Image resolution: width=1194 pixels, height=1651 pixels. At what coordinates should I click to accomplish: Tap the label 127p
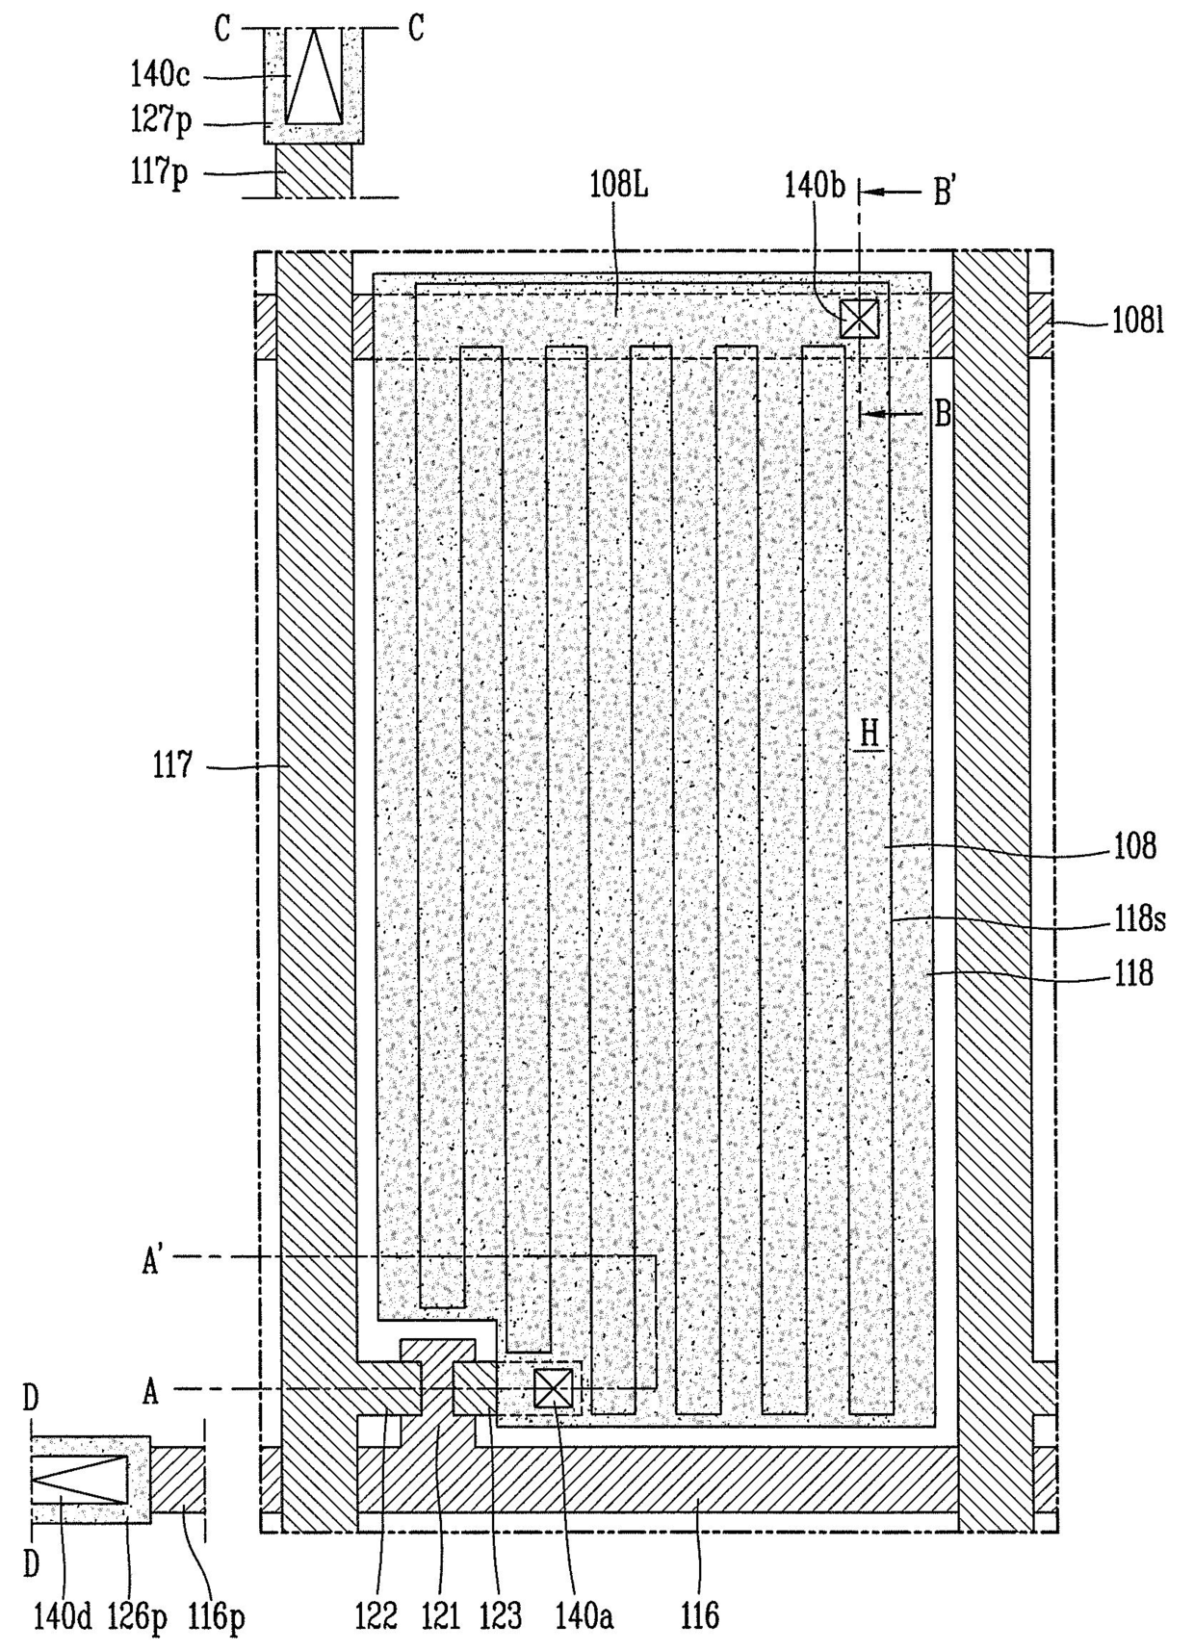pos(161,120)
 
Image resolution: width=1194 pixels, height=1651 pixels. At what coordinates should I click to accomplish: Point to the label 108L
pos(618,185)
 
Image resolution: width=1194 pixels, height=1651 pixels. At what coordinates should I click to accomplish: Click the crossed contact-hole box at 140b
pos(859,318)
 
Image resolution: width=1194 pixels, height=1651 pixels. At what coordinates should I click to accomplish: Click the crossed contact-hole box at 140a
pos(554,1388)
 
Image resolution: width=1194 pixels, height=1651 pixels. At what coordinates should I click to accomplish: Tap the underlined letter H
pos(870,734)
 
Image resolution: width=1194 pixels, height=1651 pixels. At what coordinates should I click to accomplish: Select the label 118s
pos(1139,919)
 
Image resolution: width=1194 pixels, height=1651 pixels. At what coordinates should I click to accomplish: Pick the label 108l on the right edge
pos(1138,321)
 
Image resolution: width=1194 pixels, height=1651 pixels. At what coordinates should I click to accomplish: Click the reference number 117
pos(173,766)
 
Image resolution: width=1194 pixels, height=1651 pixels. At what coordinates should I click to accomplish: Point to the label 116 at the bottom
pos(699,1614)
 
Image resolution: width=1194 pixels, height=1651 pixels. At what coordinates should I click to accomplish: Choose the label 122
pos(376,1614)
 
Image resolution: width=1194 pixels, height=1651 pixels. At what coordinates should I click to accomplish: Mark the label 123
pos(501,1614)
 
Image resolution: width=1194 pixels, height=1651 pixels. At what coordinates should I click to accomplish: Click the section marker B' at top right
pos(944,193)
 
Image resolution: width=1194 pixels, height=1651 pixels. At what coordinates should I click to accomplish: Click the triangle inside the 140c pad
pos(315,75)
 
